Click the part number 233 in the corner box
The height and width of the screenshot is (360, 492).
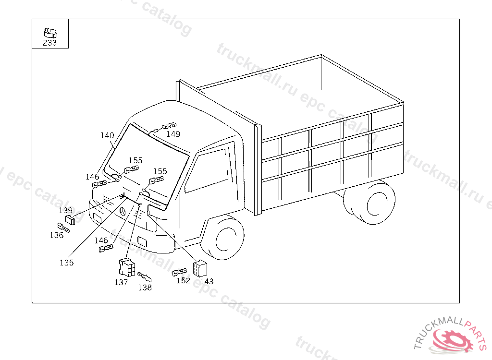(x=49, y=43)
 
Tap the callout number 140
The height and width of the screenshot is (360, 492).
(x=107, y=135)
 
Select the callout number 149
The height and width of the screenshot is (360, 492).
(x=173, y=134)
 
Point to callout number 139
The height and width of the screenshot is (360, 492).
(x=66, y=210)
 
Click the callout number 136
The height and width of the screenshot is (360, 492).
(x=57, y=235)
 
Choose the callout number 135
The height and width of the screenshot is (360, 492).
(x=67, y=263)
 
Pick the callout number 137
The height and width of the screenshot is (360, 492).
(x=121, y=282)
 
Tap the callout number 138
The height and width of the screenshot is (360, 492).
(x=145, y=288)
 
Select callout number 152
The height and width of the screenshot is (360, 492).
(x=183, y=281)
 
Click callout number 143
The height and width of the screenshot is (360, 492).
(x=207, y=281)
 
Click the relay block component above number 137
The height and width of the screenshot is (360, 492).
(x=126, y=267)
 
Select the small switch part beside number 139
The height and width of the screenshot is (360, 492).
(x=71, y=220)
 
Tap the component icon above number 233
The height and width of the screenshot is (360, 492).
(x=49, y=33)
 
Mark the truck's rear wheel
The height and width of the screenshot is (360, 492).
(x=375, y=204)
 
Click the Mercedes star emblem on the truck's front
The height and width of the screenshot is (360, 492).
(x=123, y=212)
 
